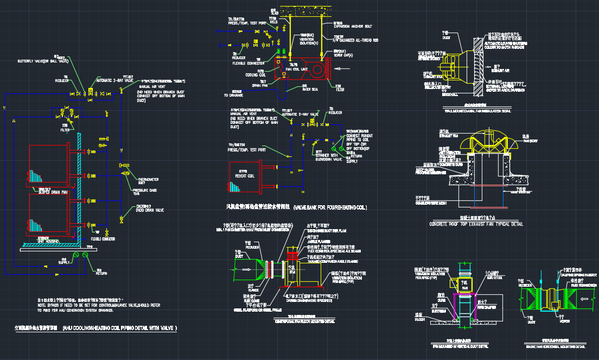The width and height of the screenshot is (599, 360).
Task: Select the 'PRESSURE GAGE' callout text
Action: point(144,190)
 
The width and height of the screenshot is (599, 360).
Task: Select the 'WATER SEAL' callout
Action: point(310,90)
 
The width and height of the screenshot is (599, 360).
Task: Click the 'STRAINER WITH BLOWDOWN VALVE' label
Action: point(327,158)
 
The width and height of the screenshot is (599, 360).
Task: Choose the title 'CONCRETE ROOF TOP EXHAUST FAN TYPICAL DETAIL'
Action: point(468,224)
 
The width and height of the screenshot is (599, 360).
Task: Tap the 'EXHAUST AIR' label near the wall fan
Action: point(500,70)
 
